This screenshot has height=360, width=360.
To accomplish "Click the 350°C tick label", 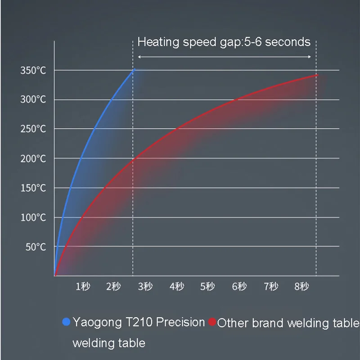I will point(33,70).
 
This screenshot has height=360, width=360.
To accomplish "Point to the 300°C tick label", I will point(33,99).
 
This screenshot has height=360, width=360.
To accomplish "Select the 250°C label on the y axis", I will point(33,129).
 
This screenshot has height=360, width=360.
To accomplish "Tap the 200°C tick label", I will point(33,158).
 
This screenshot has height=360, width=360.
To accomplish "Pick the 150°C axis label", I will point(33,188).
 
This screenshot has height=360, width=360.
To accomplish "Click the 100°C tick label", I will point(33,217).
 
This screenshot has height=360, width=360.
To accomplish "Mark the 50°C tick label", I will point(35,247).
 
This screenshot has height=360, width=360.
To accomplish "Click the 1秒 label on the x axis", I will point(83,286).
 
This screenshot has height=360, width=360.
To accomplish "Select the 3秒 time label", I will point(145,286).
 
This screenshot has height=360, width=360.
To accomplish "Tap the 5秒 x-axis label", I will point(208,286).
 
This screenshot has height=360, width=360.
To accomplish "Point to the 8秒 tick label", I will point(302,286).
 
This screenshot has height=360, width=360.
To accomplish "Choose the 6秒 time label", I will point(239,286).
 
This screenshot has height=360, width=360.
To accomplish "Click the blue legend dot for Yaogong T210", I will point(66,322).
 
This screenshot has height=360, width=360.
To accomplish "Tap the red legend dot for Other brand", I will point(212,323).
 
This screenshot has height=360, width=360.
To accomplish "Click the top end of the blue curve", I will point(133,70).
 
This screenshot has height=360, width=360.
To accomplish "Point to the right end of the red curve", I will point(316,75).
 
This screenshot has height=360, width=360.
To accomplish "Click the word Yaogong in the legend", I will point(97,323).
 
